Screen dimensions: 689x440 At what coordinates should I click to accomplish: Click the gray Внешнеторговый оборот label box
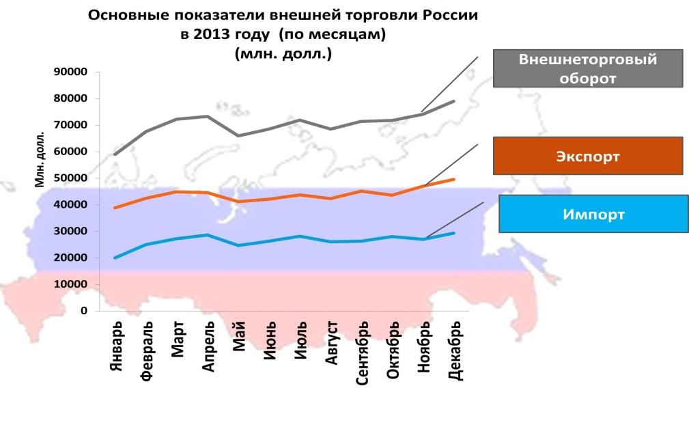pyautogui.click(x=588, y=68)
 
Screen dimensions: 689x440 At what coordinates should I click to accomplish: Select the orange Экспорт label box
pyautogui.click(x=588, y=156)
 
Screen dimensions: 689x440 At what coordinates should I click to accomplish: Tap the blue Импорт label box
pyautogui.click(x=593, y=214)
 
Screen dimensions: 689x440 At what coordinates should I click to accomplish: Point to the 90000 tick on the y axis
pyautogui.click(x=70, y=72)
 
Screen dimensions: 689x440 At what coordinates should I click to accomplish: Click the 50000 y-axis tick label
pyautogui.click(x=70, y=178)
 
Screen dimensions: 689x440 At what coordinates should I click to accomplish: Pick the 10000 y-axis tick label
pyautogui.click(x=70, y=284)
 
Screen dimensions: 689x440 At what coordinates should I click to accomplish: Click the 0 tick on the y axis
pyautogui.click(x=83, y=311)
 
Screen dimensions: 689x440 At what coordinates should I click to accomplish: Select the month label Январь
pyautogui.click(x=115, y=346)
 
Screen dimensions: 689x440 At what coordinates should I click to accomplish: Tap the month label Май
pyautogui.click(x=239, y=336)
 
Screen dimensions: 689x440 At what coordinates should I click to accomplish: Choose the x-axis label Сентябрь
pyautogui.click(x=362, y=353)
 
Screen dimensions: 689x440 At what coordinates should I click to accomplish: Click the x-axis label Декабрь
pyautogui.click(x=455, y=350)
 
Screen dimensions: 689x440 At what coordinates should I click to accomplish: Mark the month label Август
pyautogui.click(x=331, y=343)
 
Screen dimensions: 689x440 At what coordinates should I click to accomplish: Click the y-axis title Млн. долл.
pyautogui.click(x=40, y=159)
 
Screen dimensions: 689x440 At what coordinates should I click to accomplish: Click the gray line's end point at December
pyautogui.click(x=453, y=102)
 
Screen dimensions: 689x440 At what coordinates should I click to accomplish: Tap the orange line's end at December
pyautogui.click(x=453, y=179)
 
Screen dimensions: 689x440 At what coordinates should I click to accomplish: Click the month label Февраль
pyautogui.click(x=147, y=350)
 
